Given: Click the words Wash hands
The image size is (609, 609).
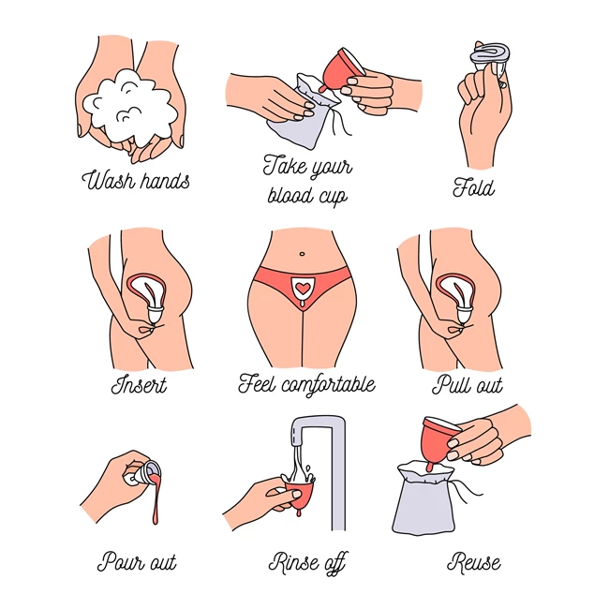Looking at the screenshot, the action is pos(136,180).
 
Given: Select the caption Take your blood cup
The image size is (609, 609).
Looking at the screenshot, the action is pos(307,180).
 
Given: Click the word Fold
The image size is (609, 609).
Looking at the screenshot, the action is pos(474,187).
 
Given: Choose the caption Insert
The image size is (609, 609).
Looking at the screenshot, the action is pos(139,385).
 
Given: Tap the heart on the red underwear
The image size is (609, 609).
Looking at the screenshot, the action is pos(302,288).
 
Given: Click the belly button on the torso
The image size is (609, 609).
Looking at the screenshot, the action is pos(302,254).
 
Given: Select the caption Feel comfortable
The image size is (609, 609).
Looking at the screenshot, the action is pos(306,384).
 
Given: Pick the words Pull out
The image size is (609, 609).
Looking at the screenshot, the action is pos(468,385).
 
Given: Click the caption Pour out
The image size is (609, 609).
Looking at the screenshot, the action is pos(137,562).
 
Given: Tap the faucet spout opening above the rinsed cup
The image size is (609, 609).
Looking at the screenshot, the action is pos(297,443).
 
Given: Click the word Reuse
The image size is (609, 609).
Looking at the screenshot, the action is pos(474,562).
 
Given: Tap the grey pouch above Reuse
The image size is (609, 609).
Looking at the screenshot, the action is pos(424,499).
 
